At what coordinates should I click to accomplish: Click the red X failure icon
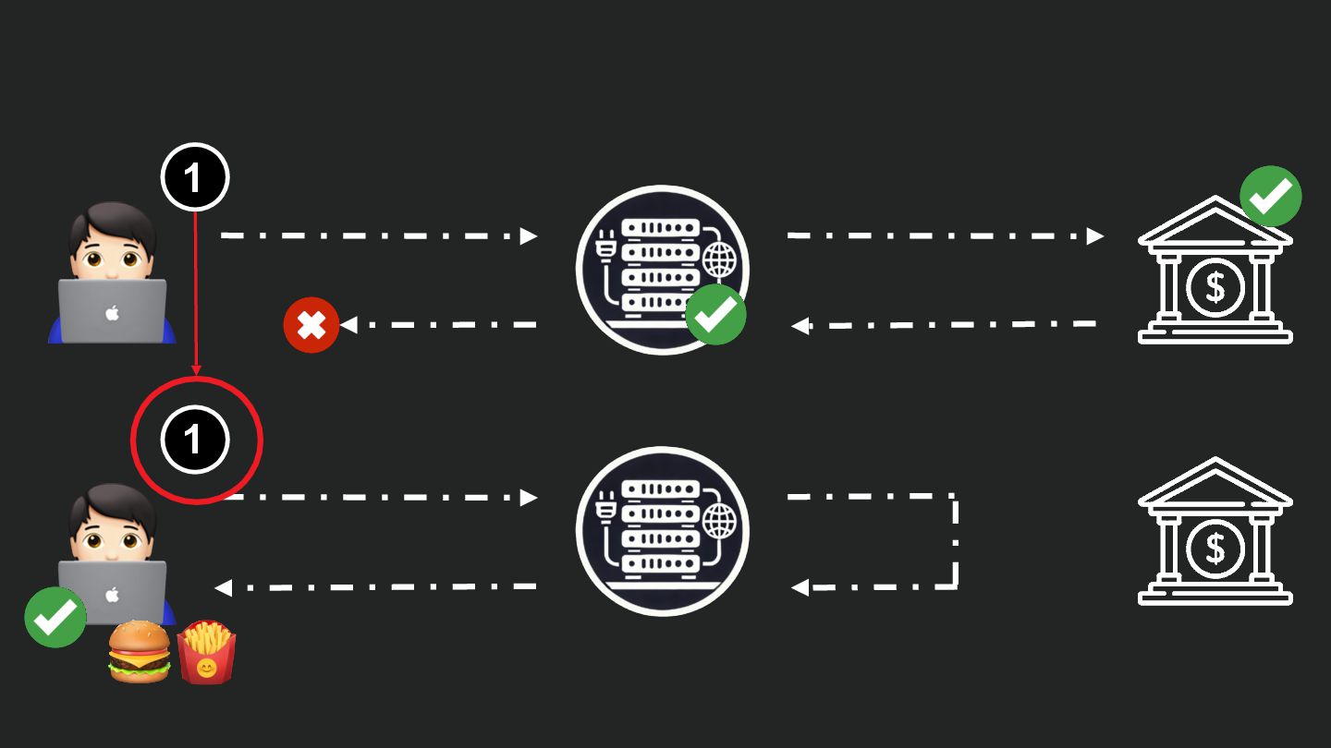(311, 325)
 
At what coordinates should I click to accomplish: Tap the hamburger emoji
(140, 651)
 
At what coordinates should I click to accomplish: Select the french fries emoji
(207, 652)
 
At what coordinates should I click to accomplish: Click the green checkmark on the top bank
(1271, 196)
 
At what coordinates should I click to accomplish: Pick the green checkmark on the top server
(715, 314)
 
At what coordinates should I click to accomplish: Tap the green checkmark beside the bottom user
(55, 616)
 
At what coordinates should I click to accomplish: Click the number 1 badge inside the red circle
(194, 440)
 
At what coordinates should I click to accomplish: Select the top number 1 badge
(194, 176)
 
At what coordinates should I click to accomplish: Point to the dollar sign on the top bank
(1215, 288)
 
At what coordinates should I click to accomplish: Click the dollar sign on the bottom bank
(1215, 549)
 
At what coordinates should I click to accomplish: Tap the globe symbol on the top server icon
(720, 260)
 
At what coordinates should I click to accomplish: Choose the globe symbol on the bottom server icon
(720, 522)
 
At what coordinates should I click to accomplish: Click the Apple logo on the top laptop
(113, 314)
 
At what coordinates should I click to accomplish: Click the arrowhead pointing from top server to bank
(1096, 236)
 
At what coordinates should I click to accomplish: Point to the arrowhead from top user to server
(529, 236)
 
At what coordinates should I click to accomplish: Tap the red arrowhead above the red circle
(195, 370)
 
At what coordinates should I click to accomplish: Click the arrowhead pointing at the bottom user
(222, 587)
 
